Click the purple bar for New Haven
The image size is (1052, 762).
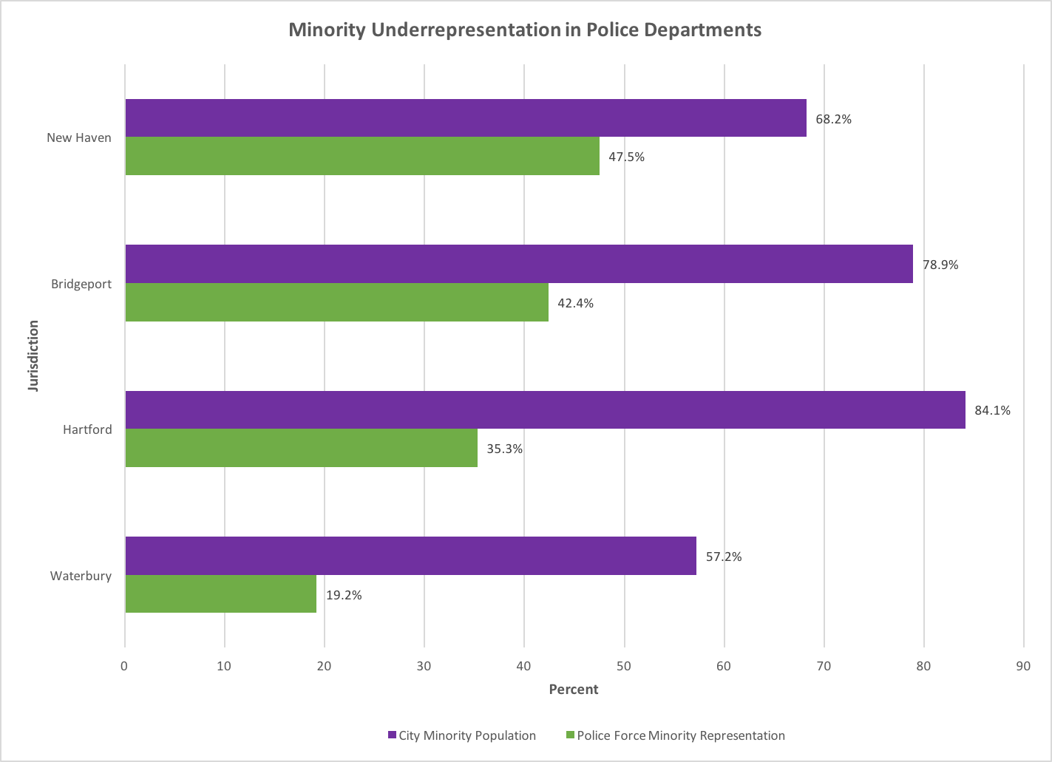pyautogui.click(x=466, y=118)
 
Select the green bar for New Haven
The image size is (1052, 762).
pyautogui.click(x=362, y=156)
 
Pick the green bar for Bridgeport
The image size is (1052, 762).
pyautogui.click(x=337, y=302)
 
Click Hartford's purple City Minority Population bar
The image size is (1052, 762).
pyautogui.click(x=545, y=410)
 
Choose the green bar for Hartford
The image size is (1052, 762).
pyautogui.click(x=302, y=448)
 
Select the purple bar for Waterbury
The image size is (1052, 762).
pyautogui.click(x=411, y=556)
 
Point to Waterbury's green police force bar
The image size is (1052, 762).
pyautogui.click(x=221, y=594)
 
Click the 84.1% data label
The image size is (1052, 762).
pyautogui.click(x=992, y=410)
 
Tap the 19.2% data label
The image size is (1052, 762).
pyautogui.click(x=344, y=595)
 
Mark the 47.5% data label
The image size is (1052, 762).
pyautogui.click(x=626, y=157)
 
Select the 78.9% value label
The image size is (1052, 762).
pyautogui.click(x=940, y=265)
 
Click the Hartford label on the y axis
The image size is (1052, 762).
pyautogui.click(x=87, y=429)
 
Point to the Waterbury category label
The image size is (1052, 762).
pyautogui.click(x=81, y=576)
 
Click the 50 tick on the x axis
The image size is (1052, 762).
pyautogui.click(x=624, y=667)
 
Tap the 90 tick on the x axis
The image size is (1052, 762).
pyautogui.click(x=1023, y=667)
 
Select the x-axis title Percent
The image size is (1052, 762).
pyautogui.click(x=573, y=690)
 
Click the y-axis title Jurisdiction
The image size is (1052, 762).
pyautogui.click(x=33, y=356)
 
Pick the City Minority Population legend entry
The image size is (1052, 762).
pyautogui.click(x=466, y=735)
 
